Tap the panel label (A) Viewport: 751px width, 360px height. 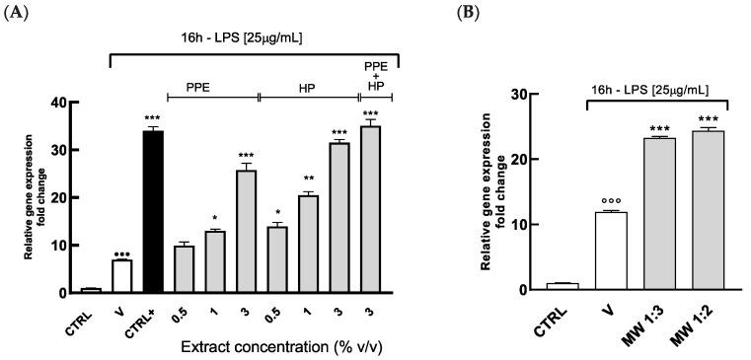[17, 12]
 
